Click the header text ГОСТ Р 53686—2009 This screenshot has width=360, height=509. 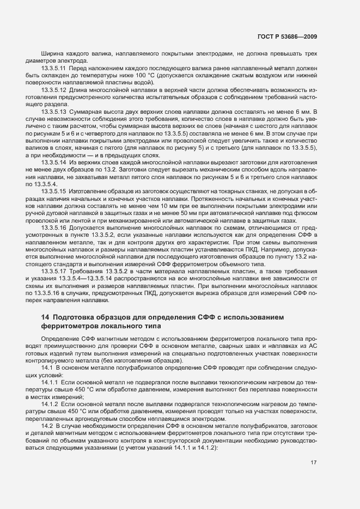[x=287, y=36]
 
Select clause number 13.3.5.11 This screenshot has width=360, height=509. [x=53, y=70]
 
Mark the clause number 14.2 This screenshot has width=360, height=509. [x=47, y=425]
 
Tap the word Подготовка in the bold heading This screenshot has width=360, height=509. [x=77, y=317]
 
